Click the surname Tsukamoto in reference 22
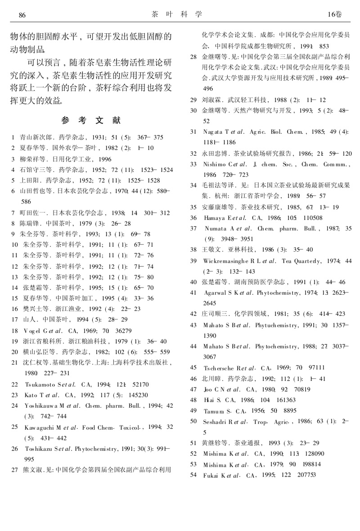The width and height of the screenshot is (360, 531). [x=39, y=385]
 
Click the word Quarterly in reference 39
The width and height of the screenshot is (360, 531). [x=311, y=261]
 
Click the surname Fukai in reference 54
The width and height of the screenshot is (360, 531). [x=211, y=475]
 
